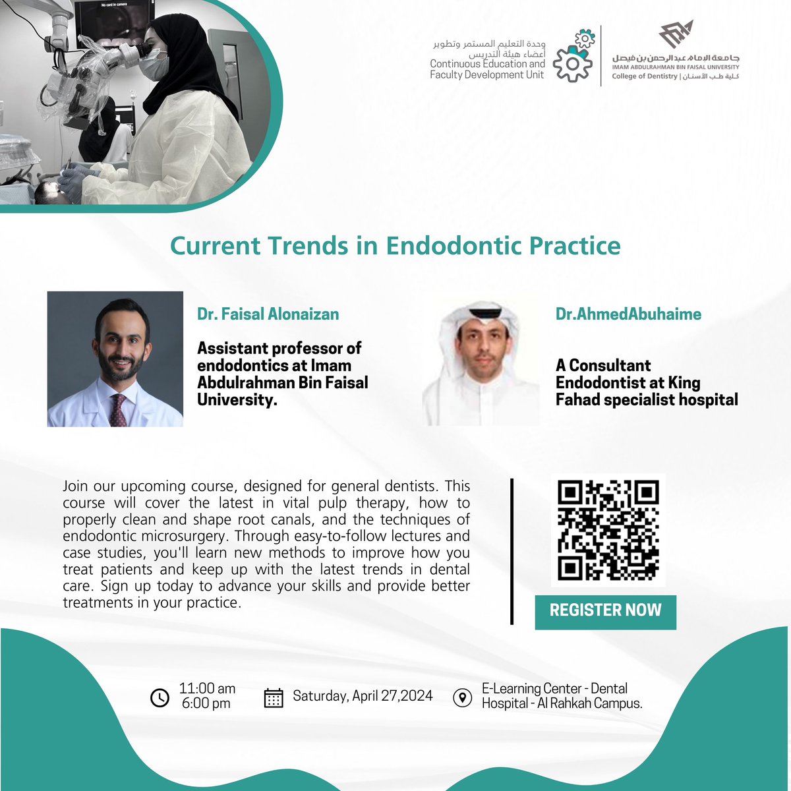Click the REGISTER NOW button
point(605,610)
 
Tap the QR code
point(608,530)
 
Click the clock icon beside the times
point(160,697)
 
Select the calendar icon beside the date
point(274,697)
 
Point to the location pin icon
point(463,697)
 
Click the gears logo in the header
point(571,55)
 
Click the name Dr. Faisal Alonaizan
point(268,314)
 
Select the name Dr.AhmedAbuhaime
point(628,314)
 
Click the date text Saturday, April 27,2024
point(363,696)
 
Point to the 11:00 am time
point(207,689)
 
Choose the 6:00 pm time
point(206,703)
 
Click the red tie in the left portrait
point(118,409)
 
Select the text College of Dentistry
point(644,76)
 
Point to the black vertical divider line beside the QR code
point(512,551)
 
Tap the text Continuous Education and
point(487,64)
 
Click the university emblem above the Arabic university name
point(676,34)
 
